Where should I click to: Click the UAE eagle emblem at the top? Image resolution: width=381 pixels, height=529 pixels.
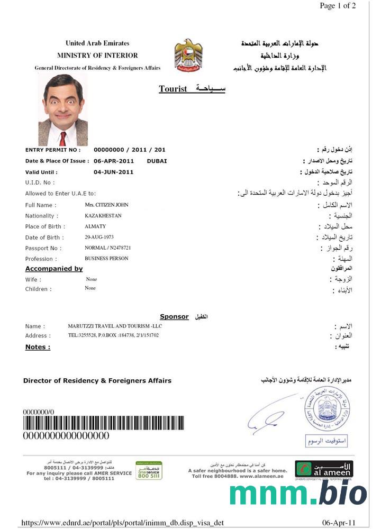[x=188, y=55]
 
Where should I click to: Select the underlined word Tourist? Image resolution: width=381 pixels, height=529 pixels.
[x=173, y=89]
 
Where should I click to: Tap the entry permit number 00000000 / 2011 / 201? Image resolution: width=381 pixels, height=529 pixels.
[x=129, y=150]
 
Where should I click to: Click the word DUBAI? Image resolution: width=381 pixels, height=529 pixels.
[x=157, y=161]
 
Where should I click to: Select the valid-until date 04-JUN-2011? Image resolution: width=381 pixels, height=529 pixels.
[x=113, y=172]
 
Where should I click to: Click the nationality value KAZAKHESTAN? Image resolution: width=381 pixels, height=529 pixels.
[x=103, y=216]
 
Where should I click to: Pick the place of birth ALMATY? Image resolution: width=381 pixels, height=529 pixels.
[x=95, y=226]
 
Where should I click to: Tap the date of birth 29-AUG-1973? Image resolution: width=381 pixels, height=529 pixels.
[x=99, y=237]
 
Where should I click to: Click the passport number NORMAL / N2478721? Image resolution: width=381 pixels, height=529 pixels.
[x=108, y=248]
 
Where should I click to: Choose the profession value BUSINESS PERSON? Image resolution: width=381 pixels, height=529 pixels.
[x=106, y=259]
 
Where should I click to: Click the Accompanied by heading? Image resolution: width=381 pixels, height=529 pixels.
[x=54, y=269]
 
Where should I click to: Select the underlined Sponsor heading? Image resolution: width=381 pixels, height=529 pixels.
[x=174, y=316]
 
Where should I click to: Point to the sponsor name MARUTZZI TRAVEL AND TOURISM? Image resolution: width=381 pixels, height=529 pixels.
[x=122, y=326]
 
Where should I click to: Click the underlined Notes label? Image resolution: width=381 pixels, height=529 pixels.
[x=38, y=347]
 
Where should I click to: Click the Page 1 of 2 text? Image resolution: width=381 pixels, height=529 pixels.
[x=338, y=6]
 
